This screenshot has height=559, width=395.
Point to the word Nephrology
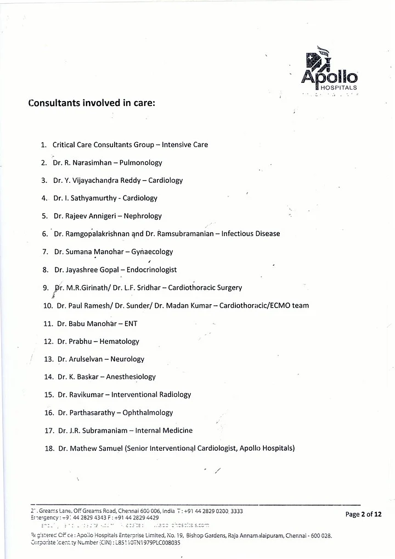[x=143, y=216]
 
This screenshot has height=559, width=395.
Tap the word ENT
[x=131, y=323]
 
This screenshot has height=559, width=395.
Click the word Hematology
[x=119, y=341]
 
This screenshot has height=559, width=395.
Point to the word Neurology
[x=127, y=359]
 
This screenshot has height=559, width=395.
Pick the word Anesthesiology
[x=132, y=377]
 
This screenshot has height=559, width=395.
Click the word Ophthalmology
[x=146, y=412]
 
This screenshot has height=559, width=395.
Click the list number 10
[x=47, y=305]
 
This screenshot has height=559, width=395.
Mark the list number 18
[x=48, y=448]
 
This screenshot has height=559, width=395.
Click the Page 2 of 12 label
[x=363, y=514]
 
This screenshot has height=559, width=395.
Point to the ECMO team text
[x=289, y=305]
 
